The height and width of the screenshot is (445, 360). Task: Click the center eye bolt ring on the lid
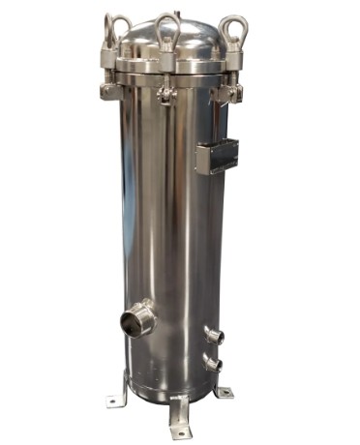pyautogui.click(x=167, y=27)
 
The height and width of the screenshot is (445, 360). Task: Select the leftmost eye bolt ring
pyautogui.click(x=117, y=29)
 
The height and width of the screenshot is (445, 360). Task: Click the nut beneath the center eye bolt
pyautogui.click(x=166, y=60)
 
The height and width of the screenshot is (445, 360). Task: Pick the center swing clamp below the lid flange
pyautogui.click(x=166, y=93)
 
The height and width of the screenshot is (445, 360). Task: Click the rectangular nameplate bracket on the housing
pyautogui.click(x=217, y=155)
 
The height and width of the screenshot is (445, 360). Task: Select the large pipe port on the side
pyautogui.click(x=137, y=318)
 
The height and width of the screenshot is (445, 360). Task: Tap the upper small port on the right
pyautogui.click(x=214, y=336)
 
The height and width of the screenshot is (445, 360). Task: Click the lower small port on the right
pyautogui.click(x=213, y=365)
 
